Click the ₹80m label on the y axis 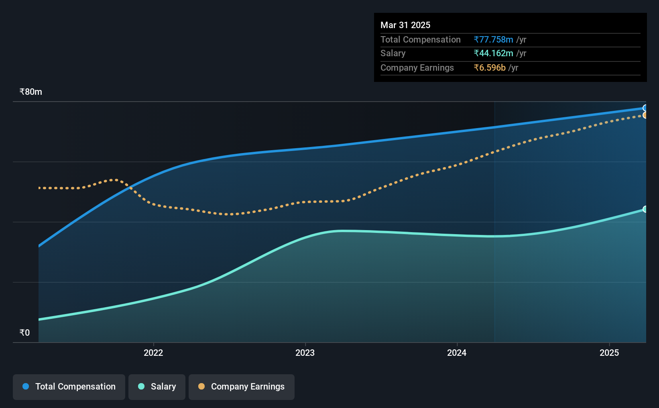tap(31, 92)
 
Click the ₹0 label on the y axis tap(25, 333)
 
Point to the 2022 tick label tap(153, 353)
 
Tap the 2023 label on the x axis tap(305, 353)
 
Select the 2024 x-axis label tap(457, 353)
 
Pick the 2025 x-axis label tap(609, 353)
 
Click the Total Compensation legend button tap(69, 387)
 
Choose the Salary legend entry tap(157, 387)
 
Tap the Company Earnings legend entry tap(242, 387)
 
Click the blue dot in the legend tap(26, 386)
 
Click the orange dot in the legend tap(201, 386)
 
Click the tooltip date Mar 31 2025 tap(405, 25)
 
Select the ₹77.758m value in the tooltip tap(493, 39)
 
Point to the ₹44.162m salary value tap(493, 53)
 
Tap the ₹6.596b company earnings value tap(490, 68)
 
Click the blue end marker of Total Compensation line tap(644, 108)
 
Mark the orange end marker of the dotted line tap(644, 115)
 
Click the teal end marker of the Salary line tap(644, 209)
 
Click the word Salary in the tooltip tap(393, 53)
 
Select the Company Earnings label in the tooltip tap(417, 68)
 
